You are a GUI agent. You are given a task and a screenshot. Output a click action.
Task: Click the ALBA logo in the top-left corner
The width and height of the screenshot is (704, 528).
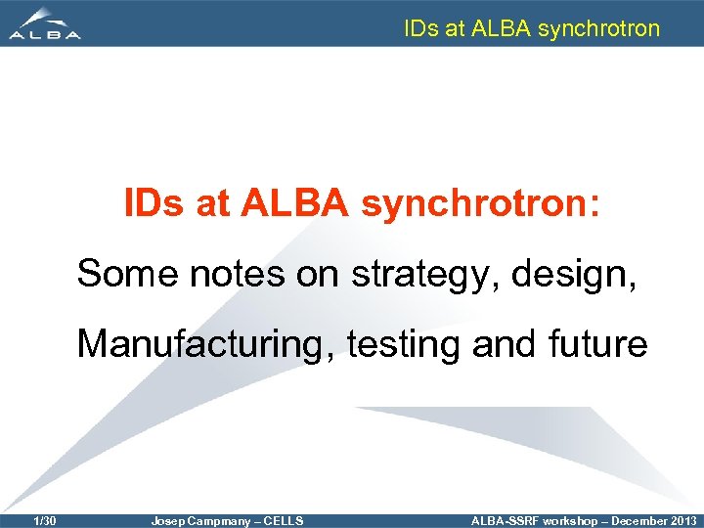[45, 23]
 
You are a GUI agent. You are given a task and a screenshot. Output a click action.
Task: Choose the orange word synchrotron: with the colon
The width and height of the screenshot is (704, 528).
[483, 203]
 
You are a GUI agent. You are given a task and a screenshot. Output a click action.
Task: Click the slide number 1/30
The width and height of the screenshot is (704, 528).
[44, 521]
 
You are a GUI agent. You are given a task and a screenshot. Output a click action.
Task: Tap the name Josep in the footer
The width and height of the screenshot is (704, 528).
[167, 521]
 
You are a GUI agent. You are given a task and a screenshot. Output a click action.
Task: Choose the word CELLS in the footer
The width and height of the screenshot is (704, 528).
[284, 521]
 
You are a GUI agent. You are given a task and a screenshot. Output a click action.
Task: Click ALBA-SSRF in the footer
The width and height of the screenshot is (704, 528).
[505, 521]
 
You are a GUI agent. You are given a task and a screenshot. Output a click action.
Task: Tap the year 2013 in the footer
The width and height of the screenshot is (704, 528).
[682, 521]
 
